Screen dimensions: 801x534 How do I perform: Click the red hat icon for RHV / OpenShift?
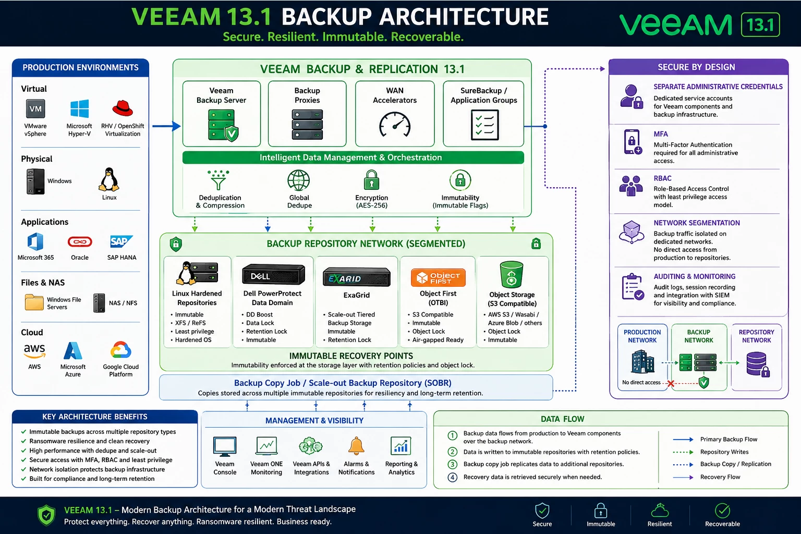click(123, 108)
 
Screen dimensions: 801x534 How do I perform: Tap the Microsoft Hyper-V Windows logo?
click(79, 109)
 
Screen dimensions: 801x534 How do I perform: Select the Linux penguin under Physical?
click(109, 179)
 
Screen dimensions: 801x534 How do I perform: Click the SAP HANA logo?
click(121, 242)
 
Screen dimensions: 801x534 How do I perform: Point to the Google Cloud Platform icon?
click(121, 350)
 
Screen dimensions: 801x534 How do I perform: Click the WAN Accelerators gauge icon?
click(395, 125)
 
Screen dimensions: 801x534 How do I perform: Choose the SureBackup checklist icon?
click(484, 125)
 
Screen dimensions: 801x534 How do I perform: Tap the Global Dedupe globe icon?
click(299, 180)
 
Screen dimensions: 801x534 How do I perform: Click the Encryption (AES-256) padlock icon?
click(371, 180)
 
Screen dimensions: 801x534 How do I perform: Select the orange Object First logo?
click(438, 277)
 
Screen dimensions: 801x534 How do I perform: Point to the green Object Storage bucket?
click(512, 274)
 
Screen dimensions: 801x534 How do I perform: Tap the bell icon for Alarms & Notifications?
click(356, 446)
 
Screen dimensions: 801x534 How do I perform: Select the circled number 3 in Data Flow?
click(452, 464)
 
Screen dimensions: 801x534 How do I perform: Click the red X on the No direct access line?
click(671, 384)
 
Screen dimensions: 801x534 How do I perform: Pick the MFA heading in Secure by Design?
click(661, 134)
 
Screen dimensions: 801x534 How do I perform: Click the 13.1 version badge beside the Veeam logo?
click(760, 25)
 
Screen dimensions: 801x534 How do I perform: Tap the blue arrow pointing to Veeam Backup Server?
click(167, 126)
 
